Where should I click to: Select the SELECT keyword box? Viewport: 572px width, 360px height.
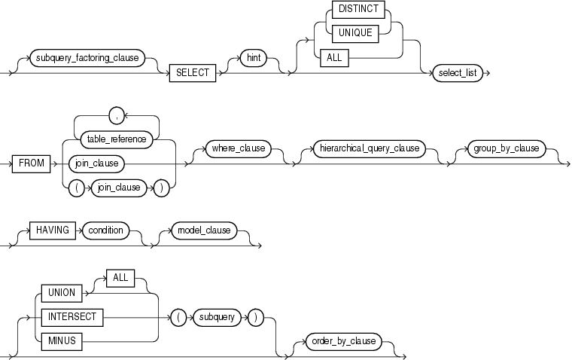[193, 73]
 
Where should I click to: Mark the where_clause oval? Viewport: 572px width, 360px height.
[237, 148]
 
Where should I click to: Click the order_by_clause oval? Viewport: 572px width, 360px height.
[343, 341]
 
